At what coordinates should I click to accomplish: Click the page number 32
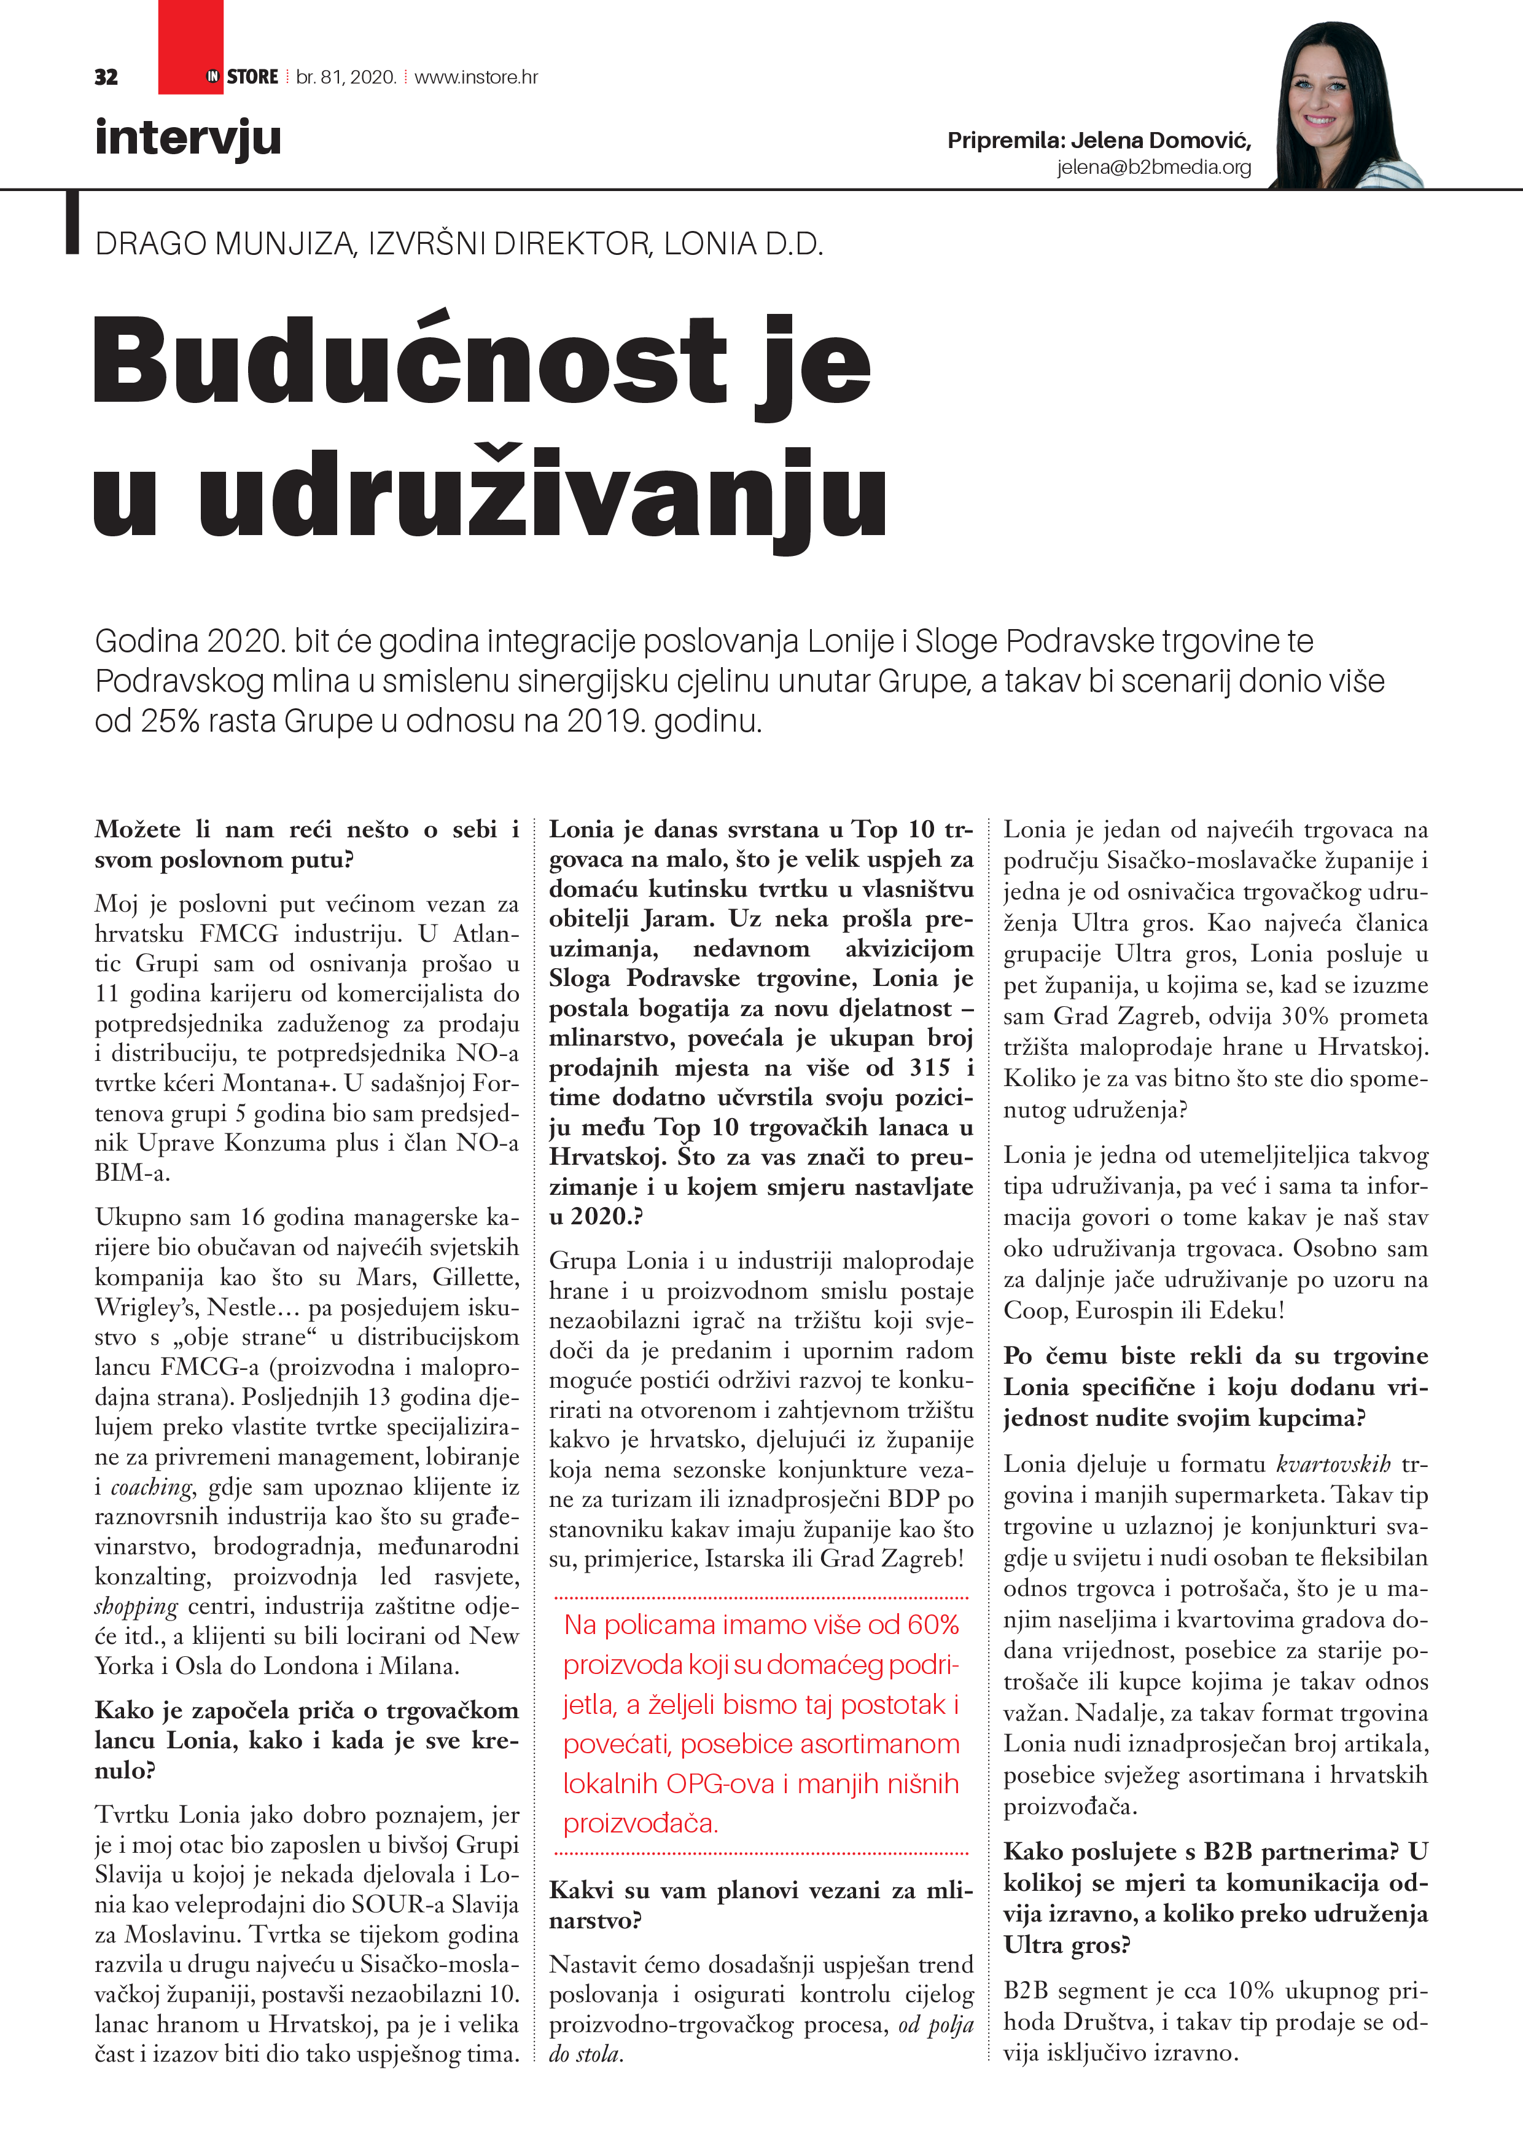pyautogui.click(x=106, y=77)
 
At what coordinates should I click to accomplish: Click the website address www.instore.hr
pyautogui.click(x=476, y=77)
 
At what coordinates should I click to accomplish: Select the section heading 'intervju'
pyautogui.click(x=188, y=138)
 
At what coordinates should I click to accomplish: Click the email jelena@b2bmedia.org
pyautogui.click(x=1153, y=167)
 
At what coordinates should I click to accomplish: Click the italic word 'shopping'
pyautogui.click(x=136, y=1607)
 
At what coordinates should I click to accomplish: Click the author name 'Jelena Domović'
pyautogui.click(x=1160, y=141)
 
